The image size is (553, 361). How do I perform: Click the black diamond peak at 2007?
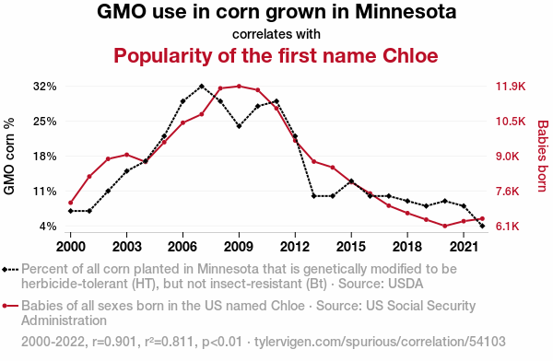[x=201, y=86]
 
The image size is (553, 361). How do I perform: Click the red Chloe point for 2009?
[x=239, y=86]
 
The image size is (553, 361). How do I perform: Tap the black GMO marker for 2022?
[x=482, y=226]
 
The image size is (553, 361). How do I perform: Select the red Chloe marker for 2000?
[x=71, y=203]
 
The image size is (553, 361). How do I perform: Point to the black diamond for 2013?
[x=314, y=196]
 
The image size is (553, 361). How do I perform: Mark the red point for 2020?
[x=445, y=226]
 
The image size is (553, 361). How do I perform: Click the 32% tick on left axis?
[x=45, y=87]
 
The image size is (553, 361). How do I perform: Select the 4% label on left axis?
[x=48, y=227]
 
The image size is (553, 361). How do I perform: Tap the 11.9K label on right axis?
[x=511, y=87]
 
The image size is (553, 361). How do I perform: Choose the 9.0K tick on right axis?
[x=508, y=157]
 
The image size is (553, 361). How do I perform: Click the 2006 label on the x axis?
[x=182, y=247]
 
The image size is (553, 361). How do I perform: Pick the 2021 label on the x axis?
[x=464, y=247]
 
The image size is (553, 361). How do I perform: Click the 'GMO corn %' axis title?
[x=9, y=157]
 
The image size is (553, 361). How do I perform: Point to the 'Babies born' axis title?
[x=543, y=157]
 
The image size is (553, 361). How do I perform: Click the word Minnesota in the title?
[x=406, y=12]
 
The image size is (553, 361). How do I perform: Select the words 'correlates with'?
[x=276, y=34]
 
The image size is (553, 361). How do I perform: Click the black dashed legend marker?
[x=10, y=270]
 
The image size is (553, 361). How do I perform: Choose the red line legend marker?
[x=10, y=306]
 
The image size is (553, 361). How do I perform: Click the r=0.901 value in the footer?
[x=114, y=342]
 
